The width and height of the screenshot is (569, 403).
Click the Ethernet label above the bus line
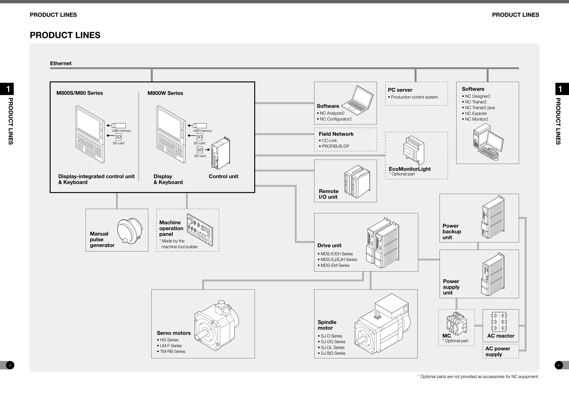pos(61,63)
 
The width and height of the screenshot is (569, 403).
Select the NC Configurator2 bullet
pos(335,119)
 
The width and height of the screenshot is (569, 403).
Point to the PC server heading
pos(400,90)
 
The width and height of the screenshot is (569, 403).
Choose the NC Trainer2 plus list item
pos(480,108)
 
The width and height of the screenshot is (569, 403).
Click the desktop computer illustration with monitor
pos(488,142)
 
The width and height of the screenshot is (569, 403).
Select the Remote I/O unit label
pos(328,194)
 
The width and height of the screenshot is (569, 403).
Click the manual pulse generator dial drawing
pos(129,231)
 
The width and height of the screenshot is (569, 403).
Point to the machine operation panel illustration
pos(200,230)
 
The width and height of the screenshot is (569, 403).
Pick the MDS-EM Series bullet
pos(335,266)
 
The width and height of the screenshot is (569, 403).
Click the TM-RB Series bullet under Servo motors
pos(172,352)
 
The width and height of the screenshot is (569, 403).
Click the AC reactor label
pos(501,336)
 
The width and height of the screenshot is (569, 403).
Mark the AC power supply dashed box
pos(501,352)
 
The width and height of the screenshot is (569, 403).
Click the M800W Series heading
pos(165,93)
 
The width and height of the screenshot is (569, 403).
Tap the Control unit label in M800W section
pos(223,176)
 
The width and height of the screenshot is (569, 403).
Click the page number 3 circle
pos(10,365)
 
